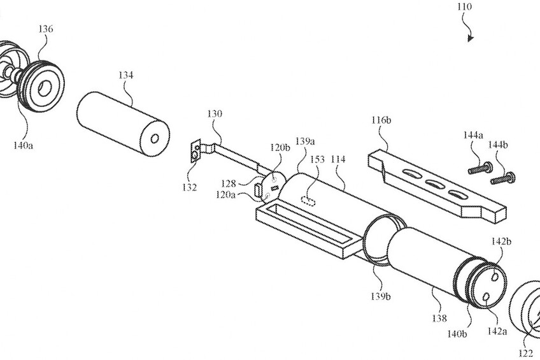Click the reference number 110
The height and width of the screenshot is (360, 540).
(x=464, y=6)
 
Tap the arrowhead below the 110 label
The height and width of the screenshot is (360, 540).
(x=471, y=38)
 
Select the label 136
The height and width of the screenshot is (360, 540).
(x=45, y=29)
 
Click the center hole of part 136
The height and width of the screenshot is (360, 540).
(x=44, y=88)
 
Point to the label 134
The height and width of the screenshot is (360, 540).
(x=125, y=75)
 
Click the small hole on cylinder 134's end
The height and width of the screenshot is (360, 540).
(x=155, y=138)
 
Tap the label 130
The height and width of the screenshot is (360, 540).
(x=215, y=113)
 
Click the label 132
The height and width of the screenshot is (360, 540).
(x=190, y=188)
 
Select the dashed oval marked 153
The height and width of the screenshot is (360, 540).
(x=308, y=201)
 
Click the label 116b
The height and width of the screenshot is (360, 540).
(x=381, y=120)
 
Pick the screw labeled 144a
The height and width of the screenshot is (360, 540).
(x=480, y=168)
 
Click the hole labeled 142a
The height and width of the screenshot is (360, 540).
(x=487, y=296)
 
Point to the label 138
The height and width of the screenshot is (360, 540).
(x=439, y=319)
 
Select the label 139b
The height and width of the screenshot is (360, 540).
(x=381, y=296)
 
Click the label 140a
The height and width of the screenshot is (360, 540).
(x=23, y=145)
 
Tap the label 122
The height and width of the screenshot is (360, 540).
(x=525, y=353)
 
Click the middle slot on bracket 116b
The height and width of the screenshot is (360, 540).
(x=435, y=184)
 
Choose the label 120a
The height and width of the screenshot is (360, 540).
(x=225, y=194)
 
